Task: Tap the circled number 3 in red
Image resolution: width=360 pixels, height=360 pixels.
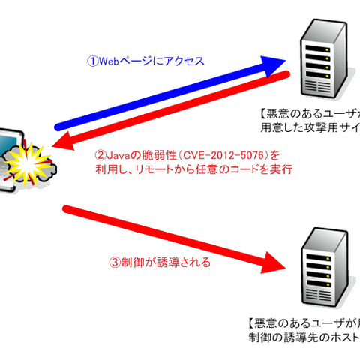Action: (114, 263)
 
